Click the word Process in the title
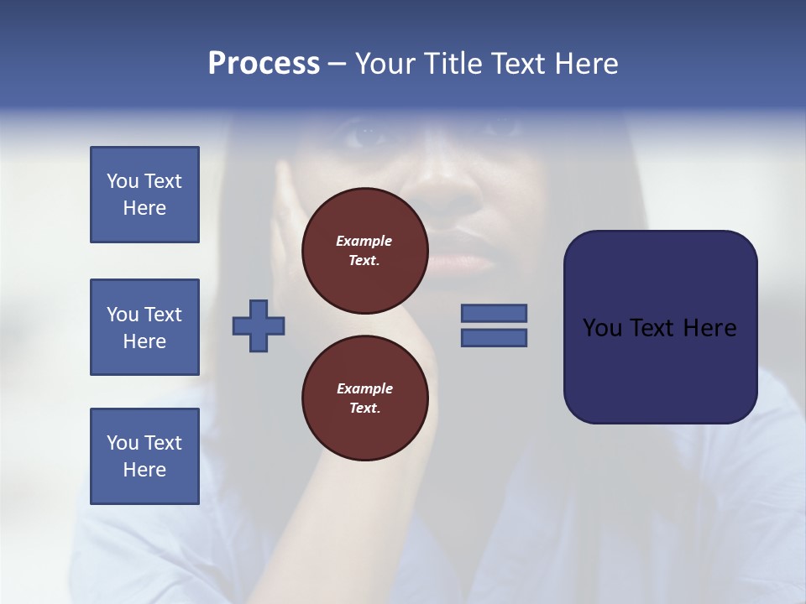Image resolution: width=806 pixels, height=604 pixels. [x=264, y=64]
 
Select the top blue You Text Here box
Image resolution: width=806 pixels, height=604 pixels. [x=144, y=195]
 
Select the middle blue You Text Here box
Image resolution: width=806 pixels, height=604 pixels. [x=144, y=327]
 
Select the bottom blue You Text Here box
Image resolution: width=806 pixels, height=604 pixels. [x=144, y=456]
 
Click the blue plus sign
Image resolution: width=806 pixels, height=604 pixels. [x=259, y=325]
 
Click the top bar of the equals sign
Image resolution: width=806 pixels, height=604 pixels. [x=495, y=313]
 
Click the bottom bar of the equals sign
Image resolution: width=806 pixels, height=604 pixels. [x=495, y=337]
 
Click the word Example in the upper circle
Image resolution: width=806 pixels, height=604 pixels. [x=364, y=241]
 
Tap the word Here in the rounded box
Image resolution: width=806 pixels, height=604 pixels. [x=710, y=328]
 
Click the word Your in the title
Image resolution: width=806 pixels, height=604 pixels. [x=385, y=64]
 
